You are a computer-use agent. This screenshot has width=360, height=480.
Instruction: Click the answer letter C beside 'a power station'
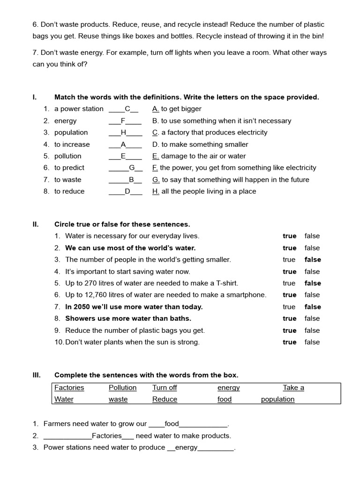[x=127, y=109]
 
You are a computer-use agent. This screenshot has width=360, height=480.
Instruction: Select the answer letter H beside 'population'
[x=123, y=133]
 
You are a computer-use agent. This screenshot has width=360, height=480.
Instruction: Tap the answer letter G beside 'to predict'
[x=132, y=168]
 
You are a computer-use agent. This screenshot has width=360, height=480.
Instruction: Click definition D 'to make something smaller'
[x=200, y=144]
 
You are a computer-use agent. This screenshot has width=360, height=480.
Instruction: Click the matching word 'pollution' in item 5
[x=67, y=156]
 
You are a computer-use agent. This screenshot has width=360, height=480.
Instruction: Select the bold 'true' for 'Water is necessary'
[x=289, y=236]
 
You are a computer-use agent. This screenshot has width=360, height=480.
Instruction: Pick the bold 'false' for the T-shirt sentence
[x=313, y=283]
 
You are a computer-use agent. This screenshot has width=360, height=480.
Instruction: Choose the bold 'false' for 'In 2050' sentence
[x=313, y=307]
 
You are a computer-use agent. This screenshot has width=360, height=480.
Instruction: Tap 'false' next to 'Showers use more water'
[x=312, y=319]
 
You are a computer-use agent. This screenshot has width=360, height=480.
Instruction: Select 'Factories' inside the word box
[x=69, y=388]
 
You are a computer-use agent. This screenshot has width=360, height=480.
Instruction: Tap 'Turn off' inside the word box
[x=165, y=388]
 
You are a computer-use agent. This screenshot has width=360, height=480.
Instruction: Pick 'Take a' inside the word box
[x=293, y=388]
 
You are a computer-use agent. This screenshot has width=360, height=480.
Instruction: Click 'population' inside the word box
[x=277, y=399]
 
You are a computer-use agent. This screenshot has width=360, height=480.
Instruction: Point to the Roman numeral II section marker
[x=35, y=225]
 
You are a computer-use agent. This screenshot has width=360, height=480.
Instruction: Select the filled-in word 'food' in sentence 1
[x=172, y=424]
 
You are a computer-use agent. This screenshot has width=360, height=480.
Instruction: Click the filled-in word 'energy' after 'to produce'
[x=186, y=448]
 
